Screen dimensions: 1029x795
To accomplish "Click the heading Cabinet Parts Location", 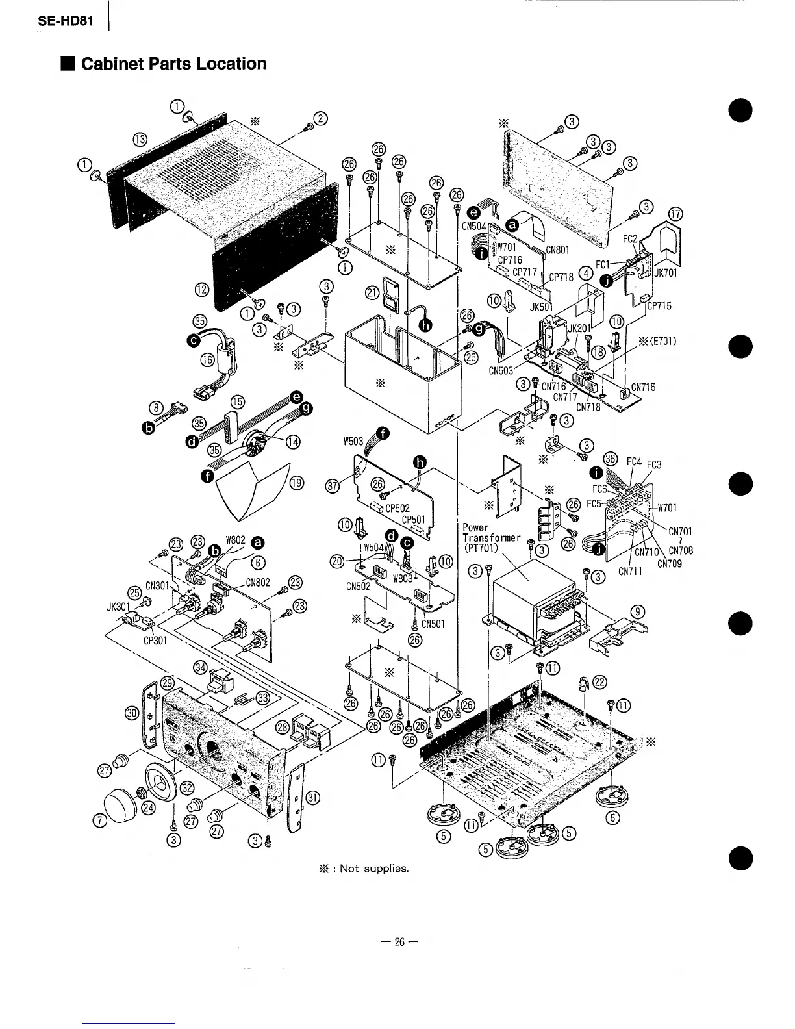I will [173, 64].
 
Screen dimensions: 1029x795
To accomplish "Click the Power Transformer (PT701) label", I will [490, 538].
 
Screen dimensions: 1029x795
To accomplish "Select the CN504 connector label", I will [474, 226].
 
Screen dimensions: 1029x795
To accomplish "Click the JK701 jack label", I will [666, 273].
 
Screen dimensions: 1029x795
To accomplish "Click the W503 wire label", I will [353, 442].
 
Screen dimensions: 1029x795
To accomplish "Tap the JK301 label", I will [118, 609].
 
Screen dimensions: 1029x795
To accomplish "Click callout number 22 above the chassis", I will [600, 681].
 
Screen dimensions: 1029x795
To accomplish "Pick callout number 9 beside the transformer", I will [639, 611].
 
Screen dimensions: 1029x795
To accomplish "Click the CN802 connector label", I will [258, 581].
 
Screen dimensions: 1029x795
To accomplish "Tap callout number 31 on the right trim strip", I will [312, 798].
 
